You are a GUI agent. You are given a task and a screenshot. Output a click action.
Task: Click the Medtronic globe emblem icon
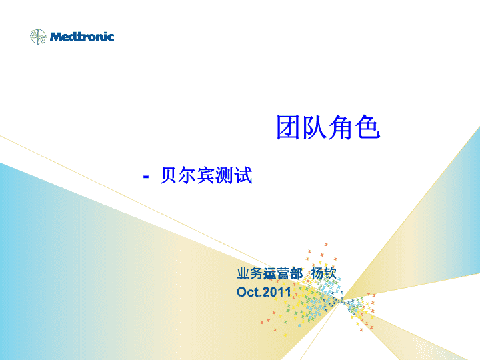(38, 37)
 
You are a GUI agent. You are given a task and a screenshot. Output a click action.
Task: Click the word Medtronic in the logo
(82, 37)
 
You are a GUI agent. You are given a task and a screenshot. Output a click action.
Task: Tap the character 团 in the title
(288, 127)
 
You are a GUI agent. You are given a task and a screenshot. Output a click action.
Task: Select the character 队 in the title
(315, 127)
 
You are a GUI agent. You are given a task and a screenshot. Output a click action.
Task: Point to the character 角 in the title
(341, 127)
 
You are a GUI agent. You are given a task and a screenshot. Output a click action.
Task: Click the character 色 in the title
(367, 127)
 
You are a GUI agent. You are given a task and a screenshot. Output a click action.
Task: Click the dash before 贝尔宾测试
(146, 177)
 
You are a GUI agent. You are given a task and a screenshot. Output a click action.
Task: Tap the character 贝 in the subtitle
(169, 175)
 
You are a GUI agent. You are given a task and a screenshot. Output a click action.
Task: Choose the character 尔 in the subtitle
(187, 175)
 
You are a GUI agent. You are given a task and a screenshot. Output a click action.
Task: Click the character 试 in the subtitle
(243, 175)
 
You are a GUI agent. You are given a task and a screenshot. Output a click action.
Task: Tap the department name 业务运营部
(270, 273)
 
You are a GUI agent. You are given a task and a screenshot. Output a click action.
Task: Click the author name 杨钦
(324, 273)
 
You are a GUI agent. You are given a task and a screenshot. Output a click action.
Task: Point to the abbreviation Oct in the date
(248, 292)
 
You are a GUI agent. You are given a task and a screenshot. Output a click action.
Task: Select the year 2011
(277, 292)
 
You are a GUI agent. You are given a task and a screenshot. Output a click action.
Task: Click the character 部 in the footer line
(296, 273)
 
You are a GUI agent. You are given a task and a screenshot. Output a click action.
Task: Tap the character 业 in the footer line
(243, 273)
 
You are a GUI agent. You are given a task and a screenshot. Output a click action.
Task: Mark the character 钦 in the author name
(330, 273)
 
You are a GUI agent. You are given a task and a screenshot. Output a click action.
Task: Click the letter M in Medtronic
(56, 37)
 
